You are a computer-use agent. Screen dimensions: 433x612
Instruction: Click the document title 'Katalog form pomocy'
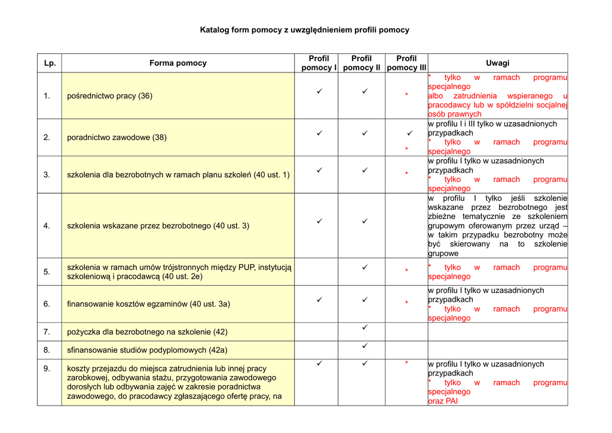304,29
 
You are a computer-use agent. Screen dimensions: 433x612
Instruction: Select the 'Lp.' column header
50,63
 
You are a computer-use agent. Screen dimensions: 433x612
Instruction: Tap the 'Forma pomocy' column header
178,63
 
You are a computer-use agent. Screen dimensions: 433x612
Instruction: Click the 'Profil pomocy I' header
319,63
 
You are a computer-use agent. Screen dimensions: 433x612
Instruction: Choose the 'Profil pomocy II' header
362,63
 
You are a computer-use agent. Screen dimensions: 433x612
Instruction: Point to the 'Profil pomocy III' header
406,63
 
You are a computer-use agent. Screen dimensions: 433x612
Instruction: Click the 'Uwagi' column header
497,63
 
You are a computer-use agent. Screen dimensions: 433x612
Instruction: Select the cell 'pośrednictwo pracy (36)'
109,96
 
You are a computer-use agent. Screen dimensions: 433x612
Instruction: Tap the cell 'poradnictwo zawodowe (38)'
117,137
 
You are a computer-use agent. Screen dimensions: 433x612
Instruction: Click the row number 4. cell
47,225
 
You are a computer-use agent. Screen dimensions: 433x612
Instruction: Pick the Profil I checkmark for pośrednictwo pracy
319,91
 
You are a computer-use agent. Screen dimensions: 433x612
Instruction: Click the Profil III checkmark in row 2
410,133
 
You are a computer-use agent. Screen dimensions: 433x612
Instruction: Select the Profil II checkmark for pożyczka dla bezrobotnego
365,328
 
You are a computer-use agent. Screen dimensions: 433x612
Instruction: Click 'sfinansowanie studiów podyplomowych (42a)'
147,350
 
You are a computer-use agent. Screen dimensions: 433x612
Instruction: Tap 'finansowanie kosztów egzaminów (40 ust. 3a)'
148,304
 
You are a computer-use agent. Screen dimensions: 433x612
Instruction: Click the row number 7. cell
47,331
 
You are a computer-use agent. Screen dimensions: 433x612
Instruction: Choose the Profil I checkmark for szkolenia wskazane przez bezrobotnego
319,221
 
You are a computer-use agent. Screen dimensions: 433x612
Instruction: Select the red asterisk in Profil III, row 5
406,272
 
